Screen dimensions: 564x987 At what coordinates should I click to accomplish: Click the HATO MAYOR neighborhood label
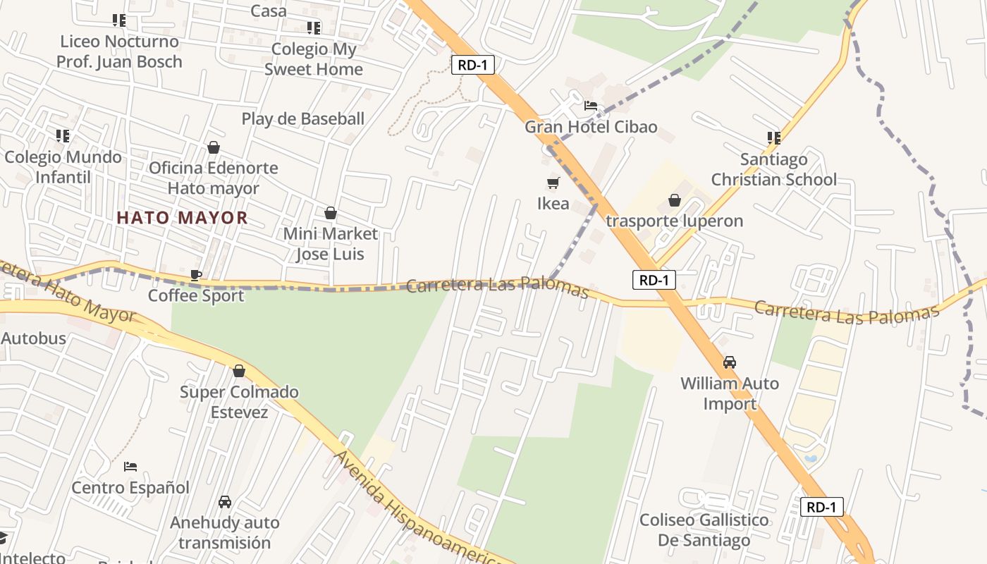(x=182, y=218)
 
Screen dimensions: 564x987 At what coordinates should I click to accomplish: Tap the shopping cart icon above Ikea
(x=553, y=183)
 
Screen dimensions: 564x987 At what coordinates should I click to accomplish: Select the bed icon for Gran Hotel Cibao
(x=591, y=106)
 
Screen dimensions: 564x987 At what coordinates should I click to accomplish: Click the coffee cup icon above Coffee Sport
(x=196, y=275)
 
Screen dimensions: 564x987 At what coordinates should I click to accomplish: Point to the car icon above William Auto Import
(x=730, y=362)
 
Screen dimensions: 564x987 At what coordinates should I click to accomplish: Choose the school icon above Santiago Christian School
(x=774, y=138)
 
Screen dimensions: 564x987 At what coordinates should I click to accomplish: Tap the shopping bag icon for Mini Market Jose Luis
(x=330, y=213)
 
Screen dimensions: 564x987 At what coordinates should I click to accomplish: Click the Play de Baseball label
(x=303, y=118)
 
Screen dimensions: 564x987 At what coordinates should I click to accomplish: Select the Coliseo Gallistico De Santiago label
(x=704, y=530)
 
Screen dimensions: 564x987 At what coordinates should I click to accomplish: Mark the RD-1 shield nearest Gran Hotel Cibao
(x=472, y=66)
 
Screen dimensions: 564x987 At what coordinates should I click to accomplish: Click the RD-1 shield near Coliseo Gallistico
(x=822, y=507)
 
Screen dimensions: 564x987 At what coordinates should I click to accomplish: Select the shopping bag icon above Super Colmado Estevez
(x=239, y=371)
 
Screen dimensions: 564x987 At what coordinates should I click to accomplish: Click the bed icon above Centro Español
(x=130, y=466)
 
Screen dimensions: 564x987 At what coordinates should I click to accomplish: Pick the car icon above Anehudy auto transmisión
(x=225, y=502)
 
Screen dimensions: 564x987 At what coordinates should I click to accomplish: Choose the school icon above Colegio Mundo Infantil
(x=63, y=135)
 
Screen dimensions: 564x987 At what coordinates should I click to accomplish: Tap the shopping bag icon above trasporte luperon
(x=675, y=200)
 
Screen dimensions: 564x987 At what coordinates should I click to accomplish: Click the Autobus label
(x=33, y=338)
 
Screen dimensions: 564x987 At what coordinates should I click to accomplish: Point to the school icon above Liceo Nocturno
(x=119, y=20)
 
